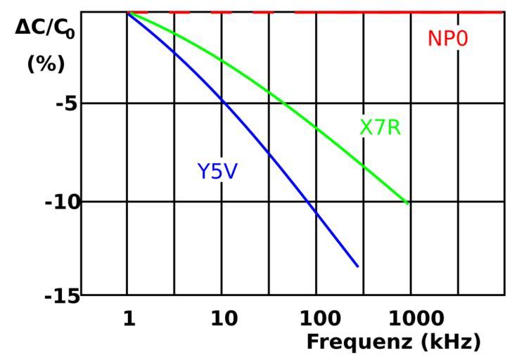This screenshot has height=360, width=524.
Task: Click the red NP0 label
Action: [447, 39]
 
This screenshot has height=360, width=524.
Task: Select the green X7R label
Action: [380, 128]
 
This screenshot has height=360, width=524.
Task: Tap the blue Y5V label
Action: [217, 171]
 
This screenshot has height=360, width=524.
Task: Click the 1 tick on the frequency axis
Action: [129, 319]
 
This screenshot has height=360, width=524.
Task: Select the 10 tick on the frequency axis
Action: [223, 319]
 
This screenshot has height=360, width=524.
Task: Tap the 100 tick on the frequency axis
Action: [317, 319]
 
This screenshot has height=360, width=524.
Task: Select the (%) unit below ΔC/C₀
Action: [46, 64]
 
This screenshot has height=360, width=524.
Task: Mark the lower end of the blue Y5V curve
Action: [358, 266]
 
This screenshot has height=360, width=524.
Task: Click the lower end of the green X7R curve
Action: [408, 203]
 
